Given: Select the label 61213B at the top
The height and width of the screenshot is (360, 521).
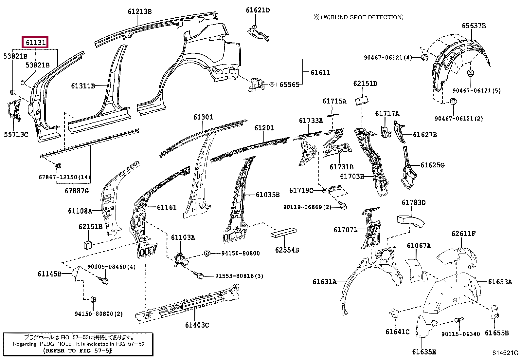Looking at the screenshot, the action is [x=140, y=11].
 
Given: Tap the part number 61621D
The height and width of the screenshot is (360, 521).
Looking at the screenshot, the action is [x=258, y=10].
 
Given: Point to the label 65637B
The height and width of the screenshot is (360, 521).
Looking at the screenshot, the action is [x=474, y=26].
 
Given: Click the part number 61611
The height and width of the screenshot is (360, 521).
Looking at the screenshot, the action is [x=320, y=72].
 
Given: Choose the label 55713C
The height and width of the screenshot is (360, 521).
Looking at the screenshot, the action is [x=16, y=134].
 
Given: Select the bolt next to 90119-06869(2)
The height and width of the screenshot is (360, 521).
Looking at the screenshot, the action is [x=343, y=206].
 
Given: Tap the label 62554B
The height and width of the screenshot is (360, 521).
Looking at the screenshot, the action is [x=287, y=250].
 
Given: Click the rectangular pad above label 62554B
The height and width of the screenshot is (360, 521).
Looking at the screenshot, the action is [x=283, y=233].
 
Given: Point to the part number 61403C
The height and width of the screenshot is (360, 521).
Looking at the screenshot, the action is [x=197, y=325].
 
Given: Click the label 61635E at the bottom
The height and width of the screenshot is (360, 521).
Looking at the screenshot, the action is [x=424, y=352].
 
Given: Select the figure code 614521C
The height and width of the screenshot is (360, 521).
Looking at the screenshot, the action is [x=505, y=353].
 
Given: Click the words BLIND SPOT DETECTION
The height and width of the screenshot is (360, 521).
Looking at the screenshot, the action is [x=367, y=17].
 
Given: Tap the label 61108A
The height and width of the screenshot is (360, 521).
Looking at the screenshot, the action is [x=80, y=211].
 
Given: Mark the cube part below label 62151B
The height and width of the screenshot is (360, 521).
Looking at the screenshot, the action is [x=88, y=245].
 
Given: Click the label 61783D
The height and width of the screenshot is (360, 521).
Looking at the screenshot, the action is [x=414, y=202].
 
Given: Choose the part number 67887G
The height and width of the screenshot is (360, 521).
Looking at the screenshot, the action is [x=77, y=191].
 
